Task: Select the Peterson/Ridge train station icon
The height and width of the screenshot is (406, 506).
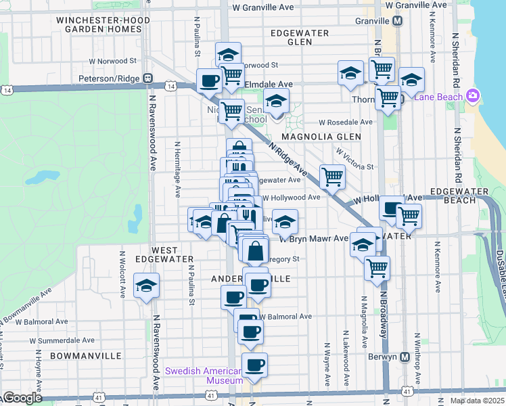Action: coord(146,78)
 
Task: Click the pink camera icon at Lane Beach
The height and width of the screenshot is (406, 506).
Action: coord(472,96)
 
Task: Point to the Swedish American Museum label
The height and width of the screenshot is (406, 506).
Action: coord(204,376)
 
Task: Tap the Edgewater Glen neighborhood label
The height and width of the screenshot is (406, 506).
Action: coord(299,37)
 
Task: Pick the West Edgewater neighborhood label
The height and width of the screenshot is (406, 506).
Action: coord(164,254)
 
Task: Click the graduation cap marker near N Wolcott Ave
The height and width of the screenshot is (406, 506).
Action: coord(145,286)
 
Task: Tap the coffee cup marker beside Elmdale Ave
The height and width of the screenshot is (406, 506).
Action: coord(208,81)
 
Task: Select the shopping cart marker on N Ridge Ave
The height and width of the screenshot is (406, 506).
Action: coord(331,177)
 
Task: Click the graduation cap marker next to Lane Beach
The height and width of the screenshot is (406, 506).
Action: coord(411,80)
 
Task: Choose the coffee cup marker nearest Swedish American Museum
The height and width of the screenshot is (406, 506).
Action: coord(254,365)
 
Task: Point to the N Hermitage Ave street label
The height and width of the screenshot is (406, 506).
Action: coord(177,169)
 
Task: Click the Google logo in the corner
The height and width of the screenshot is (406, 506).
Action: coord(22,398)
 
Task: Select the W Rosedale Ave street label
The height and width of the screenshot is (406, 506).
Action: coord(346,122)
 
